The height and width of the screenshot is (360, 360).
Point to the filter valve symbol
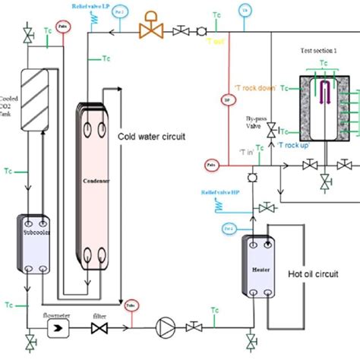tap(98, 328)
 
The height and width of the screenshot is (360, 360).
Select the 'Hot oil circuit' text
tap(313, 273)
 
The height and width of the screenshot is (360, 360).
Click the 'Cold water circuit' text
tap(152, 137)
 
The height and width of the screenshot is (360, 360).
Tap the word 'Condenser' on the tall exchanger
tap(96, 182)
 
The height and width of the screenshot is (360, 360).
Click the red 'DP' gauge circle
tap(226, 98)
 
